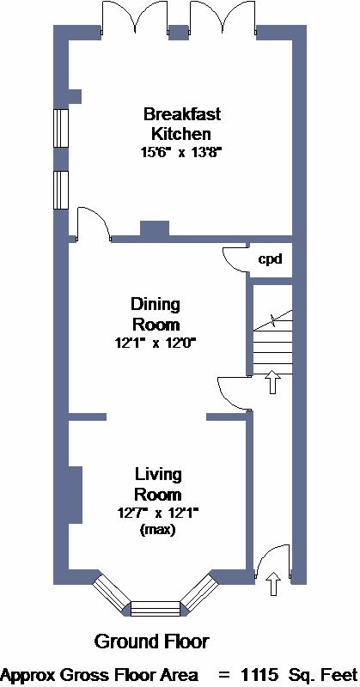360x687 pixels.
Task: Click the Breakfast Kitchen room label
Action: (182, 124)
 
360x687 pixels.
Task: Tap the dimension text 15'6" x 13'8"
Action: (181, 152)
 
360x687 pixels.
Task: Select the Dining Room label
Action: (156, 314)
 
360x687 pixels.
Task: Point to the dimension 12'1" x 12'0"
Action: (156, 343)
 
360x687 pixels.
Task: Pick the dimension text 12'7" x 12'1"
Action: (157, 513)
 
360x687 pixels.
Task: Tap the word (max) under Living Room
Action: (157, 530)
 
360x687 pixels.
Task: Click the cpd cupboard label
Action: (269, 259)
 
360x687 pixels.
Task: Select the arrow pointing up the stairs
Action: (272, 381)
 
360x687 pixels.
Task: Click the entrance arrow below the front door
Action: (273, 583)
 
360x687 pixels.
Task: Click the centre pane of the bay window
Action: (156, 608)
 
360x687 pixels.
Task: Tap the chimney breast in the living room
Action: (76, 495)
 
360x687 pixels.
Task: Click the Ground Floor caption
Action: (152, 641)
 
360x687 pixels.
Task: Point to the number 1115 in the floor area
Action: (260, 674)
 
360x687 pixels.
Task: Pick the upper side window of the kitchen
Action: (61, 128)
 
